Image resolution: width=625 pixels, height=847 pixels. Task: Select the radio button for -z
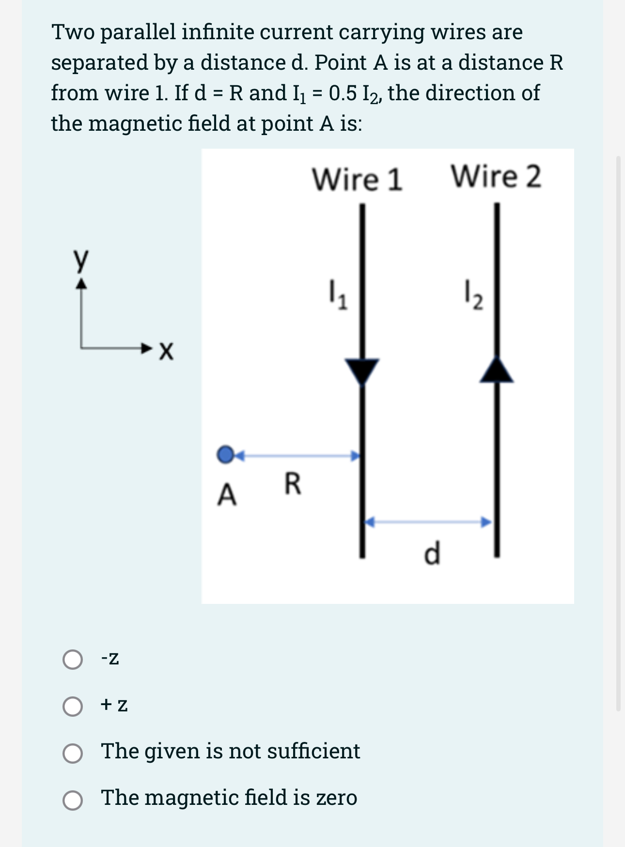point(73,659)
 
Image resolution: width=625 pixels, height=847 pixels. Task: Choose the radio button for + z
point(73,706)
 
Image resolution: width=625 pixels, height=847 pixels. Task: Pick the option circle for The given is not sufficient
point(73,753)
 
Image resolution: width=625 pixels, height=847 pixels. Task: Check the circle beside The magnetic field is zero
point(73,800)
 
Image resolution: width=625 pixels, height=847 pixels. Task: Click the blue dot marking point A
point(225,454)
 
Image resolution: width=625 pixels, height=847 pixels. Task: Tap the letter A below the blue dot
point(227,495)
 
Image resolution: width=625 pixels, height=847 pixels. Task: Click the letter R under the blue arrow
point(292,484)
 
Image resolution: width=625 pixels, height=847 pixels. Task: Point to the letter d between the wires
point(432,554)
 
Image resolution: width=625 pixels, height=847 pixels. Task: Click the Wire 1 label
point(357,179)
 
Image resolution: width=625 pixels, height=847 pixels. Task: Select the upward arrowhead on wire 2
point(496,370)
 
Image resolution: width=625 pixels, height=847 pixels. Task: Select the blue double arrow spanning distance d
point(428,522)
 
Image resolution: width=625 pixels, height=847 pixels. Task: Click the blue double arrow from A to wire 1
point(298,455)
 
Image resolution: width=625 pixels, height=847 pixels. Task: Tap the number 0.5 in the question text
point(343,93)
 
